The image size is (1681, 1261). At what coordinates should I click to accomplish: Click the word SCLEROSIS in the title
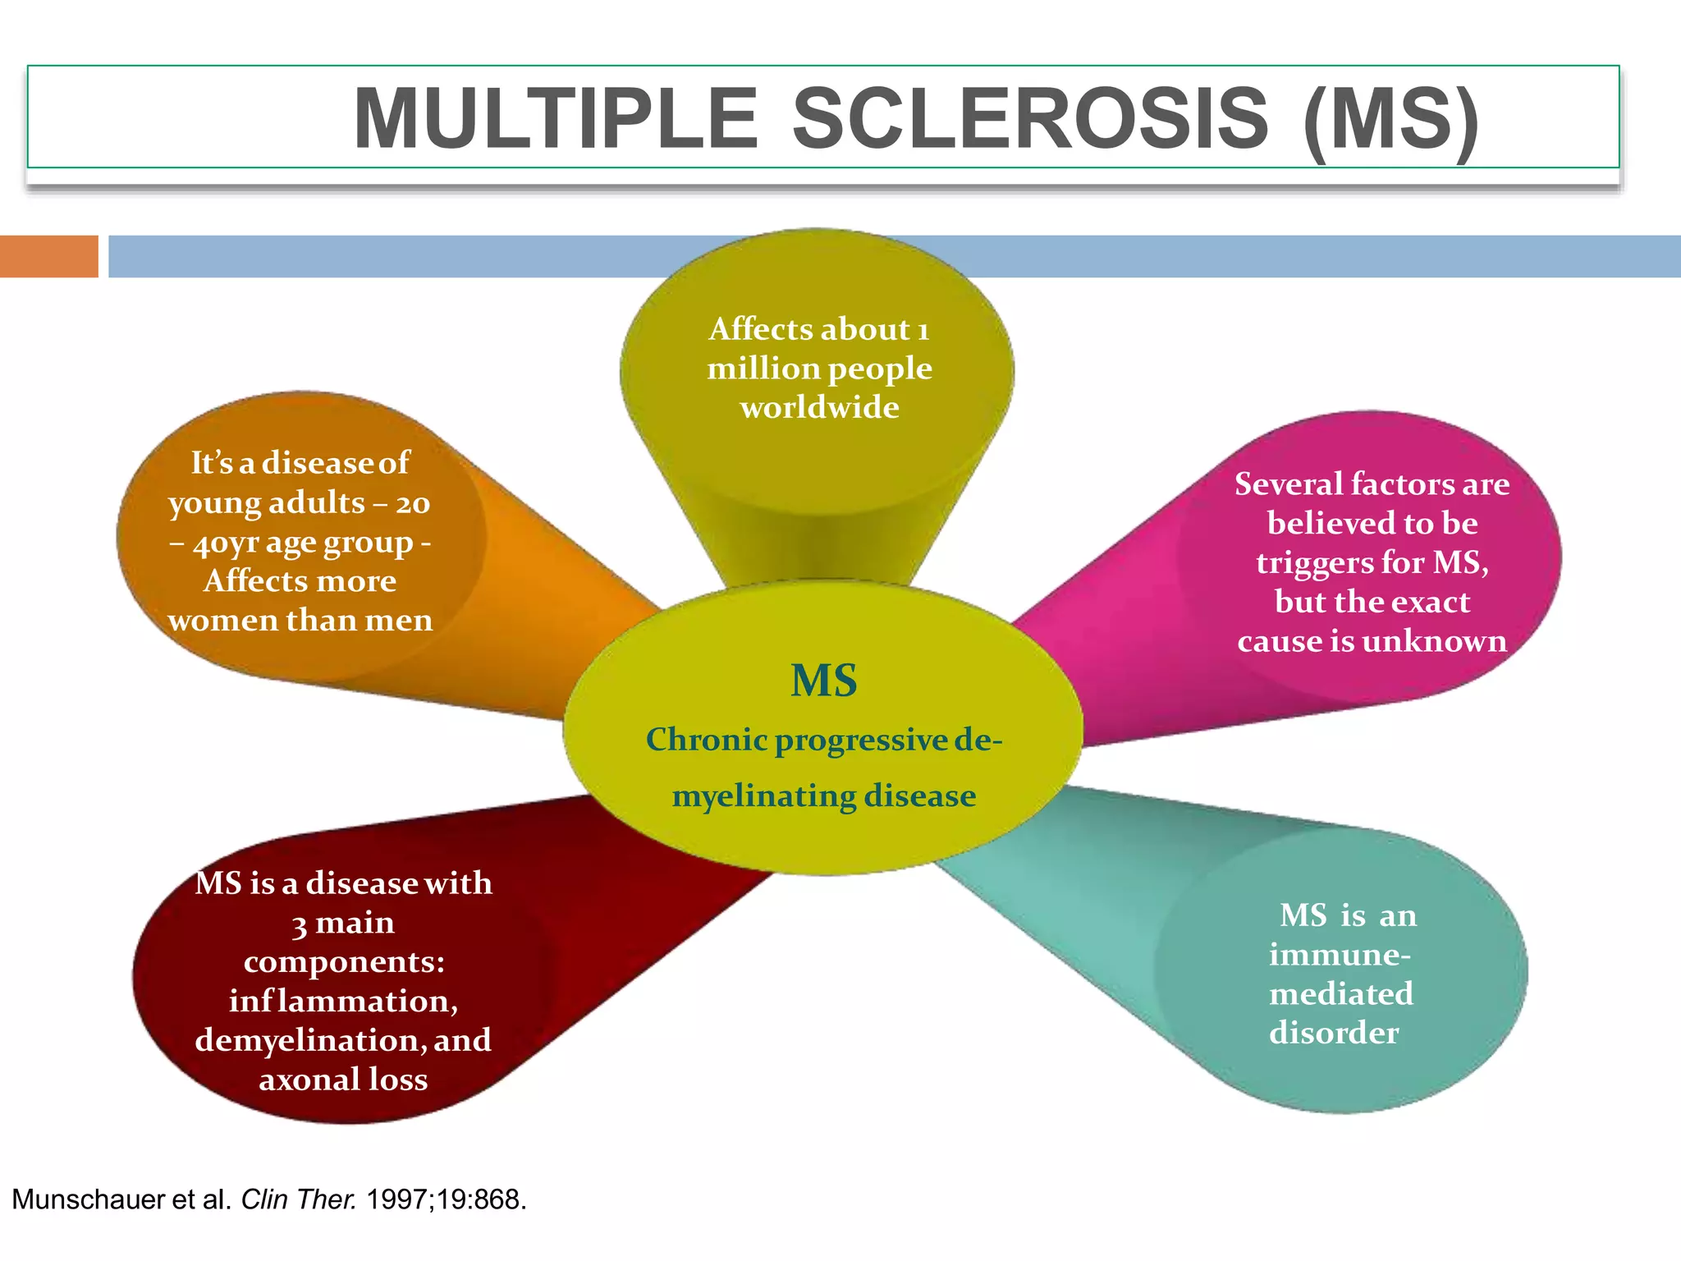(1029, 119)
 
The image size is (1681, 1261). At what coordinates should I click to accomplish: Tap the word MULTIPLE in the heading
(556, 119)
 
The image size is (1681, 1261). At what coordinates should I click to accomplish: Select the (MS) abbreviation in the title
(1390, 119)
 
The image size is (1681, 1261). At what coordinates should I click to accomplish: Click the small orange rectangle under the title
(48, 256)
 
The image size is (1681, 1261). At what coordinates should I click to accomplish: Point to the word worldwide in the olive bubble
(819, 407)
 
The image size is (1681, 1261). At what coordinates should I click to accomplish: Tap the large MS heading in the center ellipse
(823, 681)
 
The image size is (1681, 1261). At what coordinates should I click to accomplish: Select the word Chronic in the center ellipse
(706, 740)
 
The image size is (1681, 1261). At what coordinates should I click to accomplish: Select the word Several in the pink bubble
(1287, 484)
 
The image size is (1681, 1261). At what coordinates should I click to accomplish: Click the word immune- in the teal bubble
(1340, 955)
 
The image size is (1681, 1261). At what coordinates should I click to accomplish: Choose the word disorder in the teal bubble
(1334, 1033)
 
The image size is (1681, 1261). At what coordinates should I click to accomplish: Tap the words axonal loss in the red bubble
(343, 1080)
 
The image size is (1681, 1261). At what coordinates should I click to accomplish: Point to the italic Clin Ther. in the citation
(299, 1199)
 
